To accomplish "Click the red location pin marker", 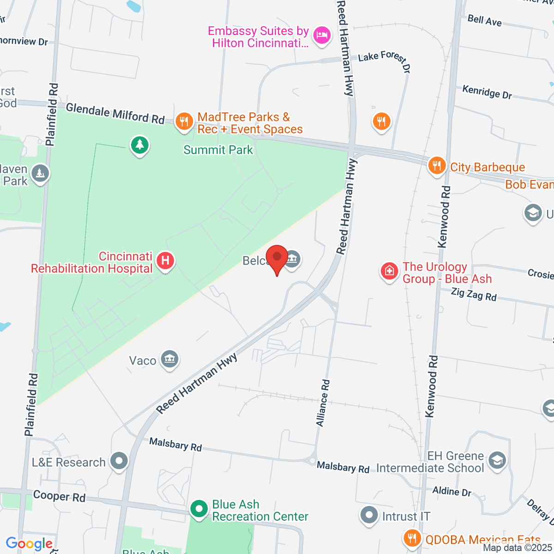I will tap(277, 259).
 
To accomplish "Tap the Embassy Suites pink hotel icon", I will tap(322, 36).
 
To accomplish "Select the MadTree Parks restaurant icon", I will tap(184, 122).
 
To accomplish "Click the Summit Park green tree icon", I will tap(139, 145).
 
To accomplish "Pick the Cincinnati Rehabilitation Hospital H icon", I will tap(165, 261).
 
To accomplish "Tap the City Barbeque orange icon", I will tap(436, 166).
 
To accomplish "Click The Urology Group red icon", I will tap(389, 271).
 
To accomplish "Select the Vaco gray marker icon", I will tap(169, 359).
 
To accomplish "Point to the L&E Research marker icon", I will tap(120, 461).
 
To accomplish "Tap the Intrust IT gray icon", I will tap(368, 515).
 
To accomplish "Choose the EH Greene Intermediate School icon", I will tap(497, 460).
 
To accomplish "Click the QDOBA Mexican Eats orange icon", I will tap(412, 538).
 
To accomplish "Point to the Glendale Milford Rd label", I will tap(115, 114).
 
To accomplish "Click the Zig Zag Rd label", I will tap(474, 294).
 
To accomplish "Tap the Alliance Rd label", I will tap(323, 403).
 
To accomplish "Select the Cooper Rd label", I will tap(59, 496).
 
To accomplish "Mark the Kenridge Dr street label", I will tap(487, 92).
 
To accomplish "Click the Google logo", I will tap(29, 544).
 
